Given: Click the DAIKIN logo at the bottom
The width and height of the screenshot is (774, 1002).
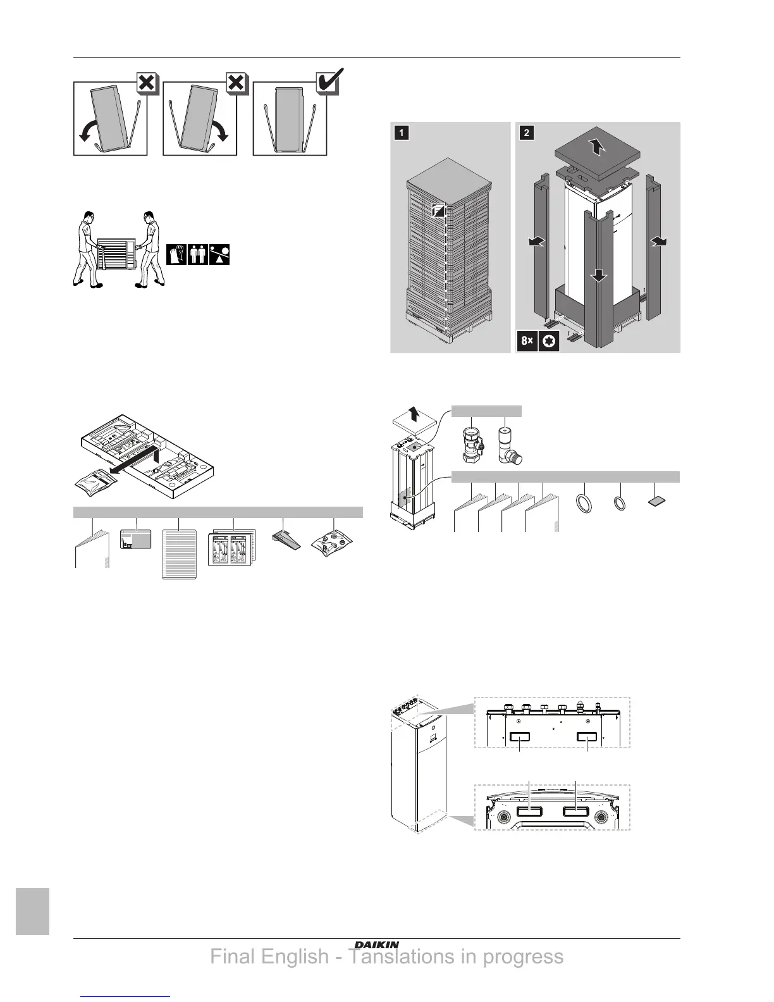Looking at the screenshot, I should pyautogui.click(x=376, y=944).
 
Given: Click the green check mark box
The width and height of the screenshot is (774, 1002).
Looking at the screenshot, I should pyautogui.click(x=328, y=84).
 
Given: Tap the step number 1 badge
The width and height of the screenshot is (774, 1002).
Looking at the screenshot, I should pyautogui.click(x=400, y=133).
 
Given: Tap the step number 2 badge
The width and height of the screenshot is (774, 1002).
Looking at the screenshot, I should pyautogui.click(x=526, y=133).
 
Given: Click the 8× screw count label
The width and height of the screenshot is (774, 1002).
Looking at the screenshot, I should pyautogui.click(x=527, y=341).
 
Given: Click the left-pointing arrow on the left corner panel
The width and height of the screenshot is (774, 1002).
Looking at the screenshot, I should pyautogui.click(x=539, y=243).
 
